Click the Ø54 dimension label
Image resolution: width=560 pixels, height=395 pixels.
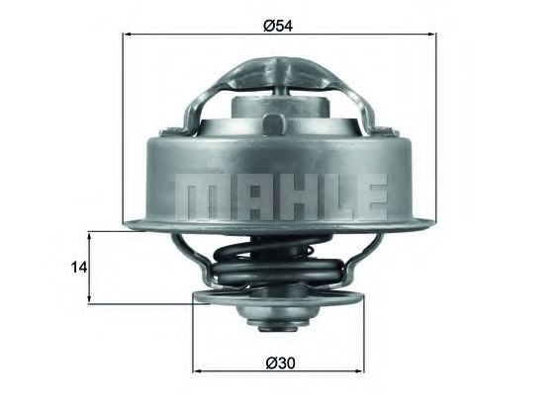278,23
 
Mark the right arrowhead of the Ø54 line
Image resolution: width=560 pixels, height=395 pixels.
431,35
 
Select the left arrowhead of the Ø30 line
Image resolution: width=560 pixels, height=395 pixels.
197,373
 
